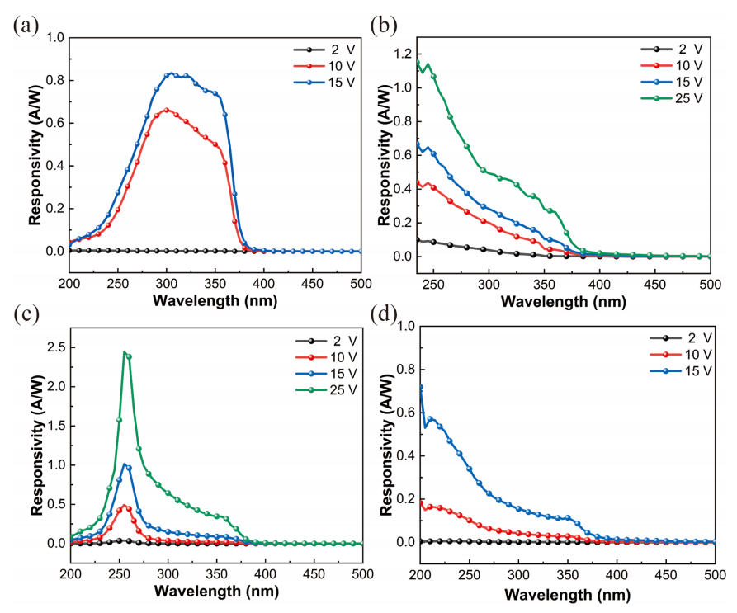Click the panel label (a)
pos(26,26)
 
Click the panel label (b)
pos(384,26)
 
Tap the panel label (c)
pos(26,314)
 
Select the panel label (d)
pos(384,314)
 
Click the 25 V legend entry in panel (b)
pos(672,98)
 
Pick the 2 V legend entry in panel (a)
pos(324,50)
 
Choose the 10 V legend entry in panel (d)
pos(681,355)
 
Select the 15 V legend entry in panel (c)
pos(326,374)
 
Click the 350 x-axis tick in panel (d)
pos(567,575)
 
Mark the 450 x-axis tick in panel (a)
pos(312,284)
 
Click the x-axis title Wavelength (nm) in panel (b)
pos(563,302)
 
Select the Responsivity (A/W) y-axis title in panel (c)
pos(38,446)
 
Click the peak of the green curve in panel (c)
pos(124,351)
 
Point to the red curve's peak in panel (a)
pos(167,110)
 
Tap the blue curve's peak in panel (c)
pos(125,464)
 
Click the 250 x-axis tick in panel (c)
pos(120,574)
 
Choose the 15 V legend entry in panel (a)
pos(324,83)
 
